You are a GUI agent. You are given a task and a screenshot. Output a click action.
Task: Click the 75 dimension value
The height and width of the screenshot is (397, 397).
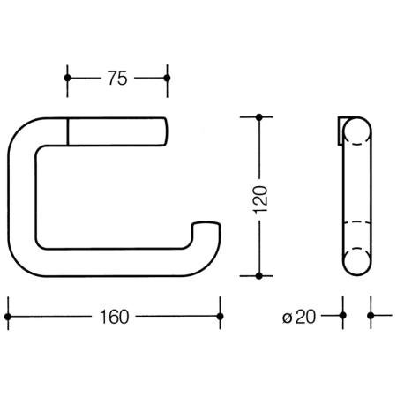pyautogui.click(x=117, y=79)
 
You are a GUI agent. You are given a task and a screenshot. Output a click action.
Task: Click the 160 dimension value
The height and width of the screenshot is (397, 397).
pyautogui.click(x=115, y=317)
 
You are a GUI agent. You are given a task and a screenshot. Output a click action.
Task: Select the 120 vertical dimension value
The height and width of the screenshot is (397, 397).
pyautogui.click(x=260, y=199)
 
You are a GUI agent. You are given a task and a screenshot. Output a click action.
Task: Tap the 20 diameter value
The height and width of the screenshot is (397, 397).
pyautogui.click(x=306, y=317)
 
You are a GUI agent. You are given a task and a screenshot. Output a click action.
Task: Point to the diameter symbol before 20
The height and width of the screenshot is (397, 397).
pyautogui.click(x=288, y=318)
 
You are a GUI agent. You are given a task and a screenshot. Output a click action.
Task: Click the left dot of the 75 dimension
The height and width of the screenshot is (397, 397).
pyautogui.click(x=67, y=78)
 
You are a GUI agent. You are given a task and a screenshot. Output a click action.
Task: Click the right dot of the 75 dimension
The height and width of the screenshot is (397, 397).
pyautogui.click(x=167, y=78)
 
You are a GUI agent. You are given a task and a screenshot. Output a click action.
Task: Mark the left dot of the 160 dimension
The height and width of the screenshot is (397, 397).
pyautogui.click(x=8, y=317)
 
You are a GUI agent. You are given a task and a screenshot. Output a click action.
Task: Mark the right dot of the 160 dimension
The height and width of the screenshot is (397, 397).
pyautogui.click(x=220, y=317)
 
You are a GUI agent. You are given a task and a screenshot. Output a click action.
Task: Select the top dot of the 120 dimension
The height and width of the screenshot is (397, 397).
pyautogui.click(x=259, y=117)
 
